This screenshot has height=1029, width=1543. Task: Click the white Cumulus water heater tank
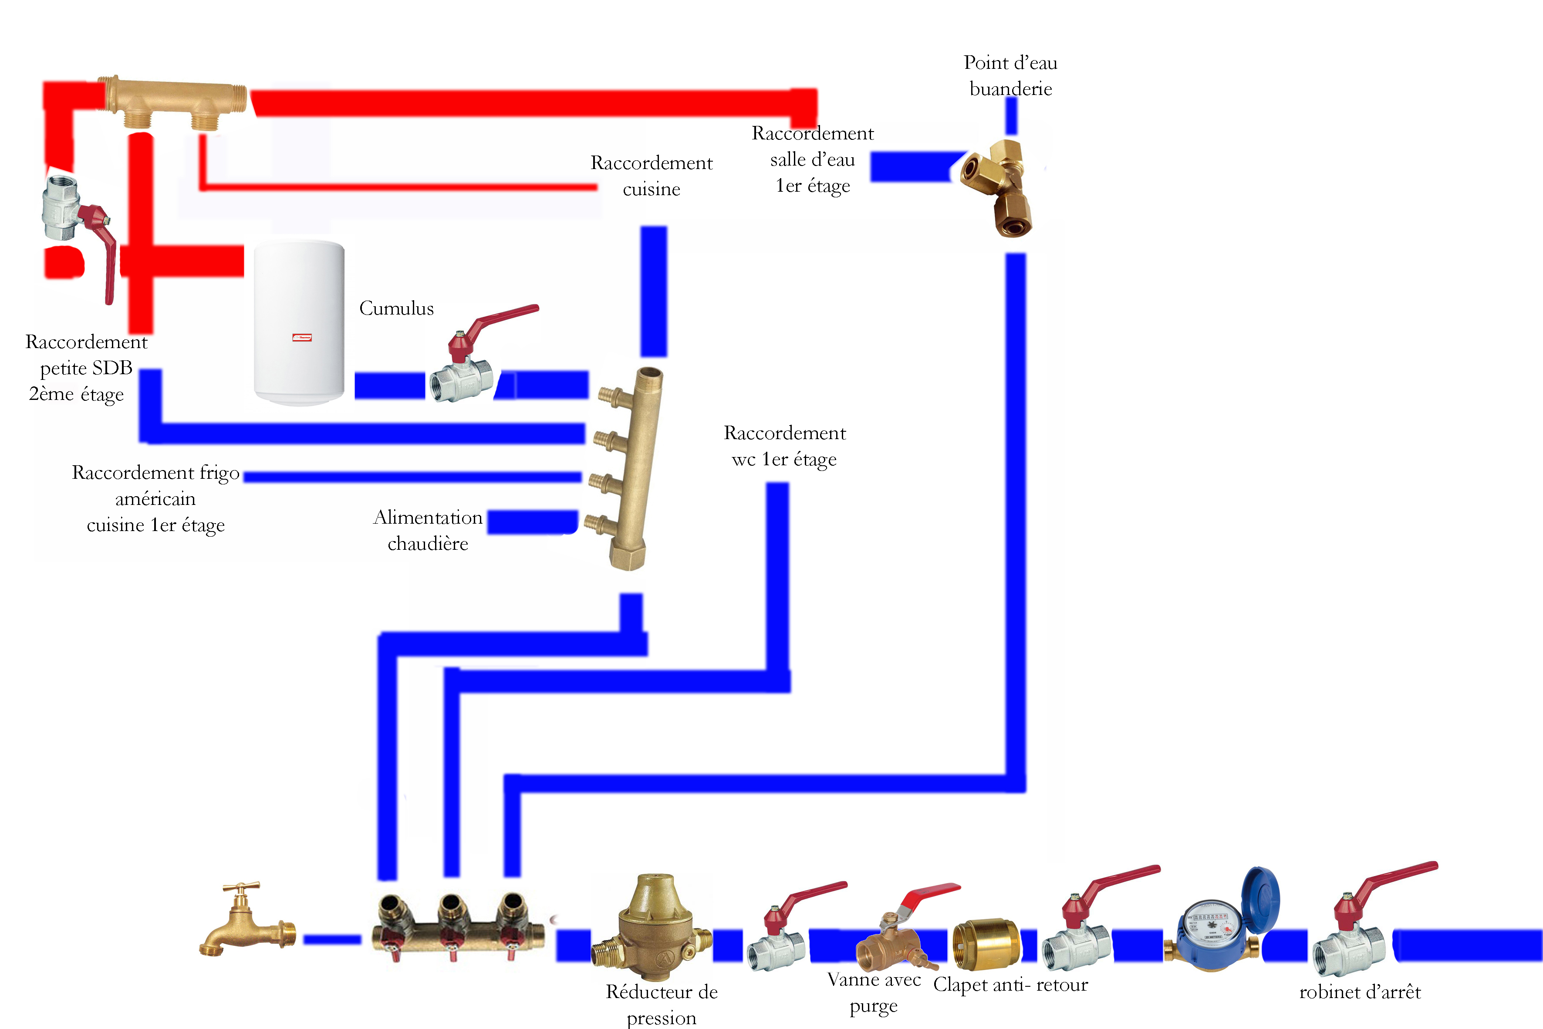(x=299, y=322)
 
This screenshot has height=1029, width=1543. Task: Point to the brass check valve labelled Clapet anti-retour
(x=986, y=945)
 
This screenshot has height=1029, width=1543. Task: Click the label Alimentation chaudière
(x=428, y=530)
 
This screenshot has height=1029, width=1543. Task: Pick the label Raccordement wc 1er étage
(x=785, y=446)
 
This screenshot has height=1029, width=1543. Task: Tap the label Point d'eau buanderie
(x=1010, y=75)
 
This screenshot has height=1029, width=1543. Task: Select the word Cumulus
(x=396, y=308)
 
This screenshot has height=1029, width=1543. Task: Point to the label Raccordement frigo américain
(x=155, y=499)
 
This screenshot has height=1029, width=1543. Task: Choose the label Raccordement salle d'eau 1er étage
(x=812, y=159)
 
